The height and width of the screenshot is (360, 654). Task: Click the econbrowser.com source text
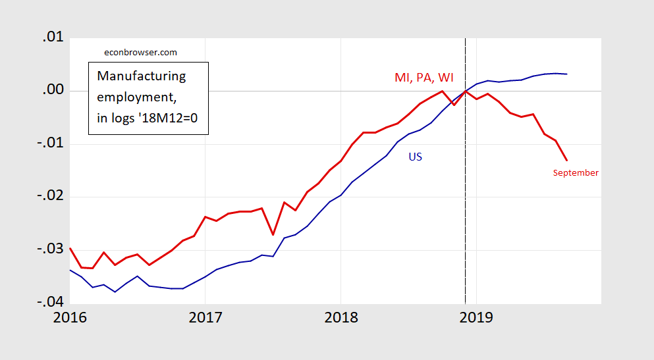click(141, 52)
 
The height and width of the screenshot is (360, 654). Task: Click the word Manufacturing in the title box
click(141, 76)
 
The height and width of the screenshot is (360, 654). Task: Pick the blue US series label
click(415, 157)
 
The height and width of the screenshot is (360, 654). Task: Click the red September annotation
click(576, 173)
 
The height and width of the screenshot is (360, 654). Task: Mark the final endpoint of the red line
click(567, 160)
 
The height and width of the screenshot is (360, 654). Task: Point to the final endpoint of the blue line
click(567, 74)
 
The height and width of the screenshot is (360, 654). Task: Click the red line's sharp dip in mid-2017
click(273, 234)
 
